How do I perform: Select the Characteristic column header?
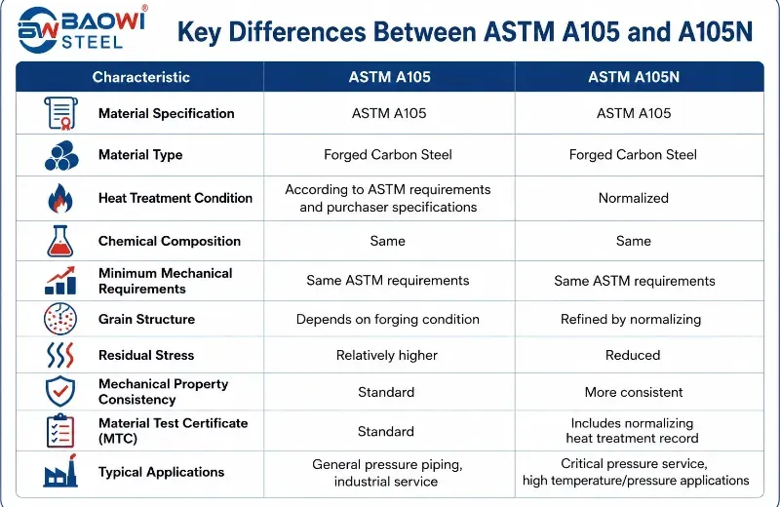pyautogui.click(x=140, y=77)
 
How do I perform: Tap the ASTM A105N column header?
pyautogui.click(x=634, y=77)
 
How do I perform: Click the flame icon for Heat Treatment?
pyautogui.click(x=60, y=198)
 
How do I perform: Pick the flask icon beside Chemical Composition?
pyautogui.click(x=60, y=241)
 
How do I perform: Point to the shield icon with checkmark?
pyautogui.click(x=60, y=391)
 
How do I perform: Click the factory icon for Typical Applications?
pyautogui.click(x=60, y=471)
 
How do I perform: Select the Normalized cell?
pyautogui.click(x=633, y=198)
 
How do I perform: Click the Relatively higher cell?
pyautogui.click(x=386, y=355)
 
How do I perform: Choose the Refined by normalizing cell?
pyautogui.click(x=631, y=320)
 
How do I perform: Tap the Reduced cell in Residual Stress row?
pyautogui.click(x=633, y=355)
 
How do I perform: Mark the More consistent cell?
pyautogui.click(x=634, y=392)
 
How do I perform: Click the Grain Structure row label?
pyautogui.click(x=147, y=320)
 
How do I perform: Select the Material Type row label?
pyautogui.click(x=140, y=155)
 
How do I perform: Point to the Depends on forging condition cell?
pyautogui.click(x=387, y=320)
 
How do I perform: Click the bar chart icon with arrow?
pyautogui.click(x=60, y=281)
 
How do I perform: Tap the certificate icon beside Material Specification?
pyautogui.click(x=60, y=113)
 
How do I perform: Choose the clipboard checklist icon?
pyautogui.click(x=60, y=431)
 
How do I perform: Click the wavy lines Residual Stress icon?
pyautogui.click(x=60, y=355)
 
